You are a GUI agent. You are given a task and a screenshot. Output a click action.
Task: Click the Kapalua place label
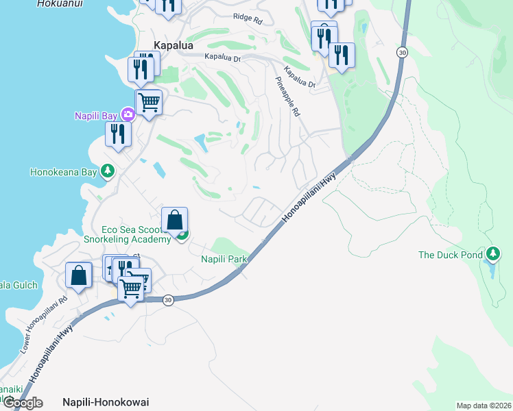174,45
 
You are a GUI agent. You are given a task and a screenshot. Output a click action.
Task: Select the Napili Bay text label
95,115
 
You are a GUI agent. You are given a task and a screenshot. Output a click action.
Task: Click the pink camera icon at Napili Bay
127,114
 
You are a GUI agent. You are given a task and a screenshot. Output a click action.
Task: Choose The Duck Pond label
451,255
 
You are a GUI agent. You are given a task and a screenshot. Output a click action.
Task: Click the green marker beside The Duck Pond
492,255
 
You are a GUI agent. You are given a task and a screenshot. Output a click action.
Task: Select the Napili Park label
224,259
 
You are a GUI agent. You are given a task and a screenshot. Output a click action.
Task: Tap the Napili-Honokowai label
106,402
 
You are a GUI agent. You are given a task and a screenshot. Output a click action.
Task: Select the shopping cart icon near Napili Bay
149,103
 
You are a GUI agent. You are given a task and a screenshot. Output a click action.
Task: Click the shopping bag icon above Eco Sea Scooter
175,221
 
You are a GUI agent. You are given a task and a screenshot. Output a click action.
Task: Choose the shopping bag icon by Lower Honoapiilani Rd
79,275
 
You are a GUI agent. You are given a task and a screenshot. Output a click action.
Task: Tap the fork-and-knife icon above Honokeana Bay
118,134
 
